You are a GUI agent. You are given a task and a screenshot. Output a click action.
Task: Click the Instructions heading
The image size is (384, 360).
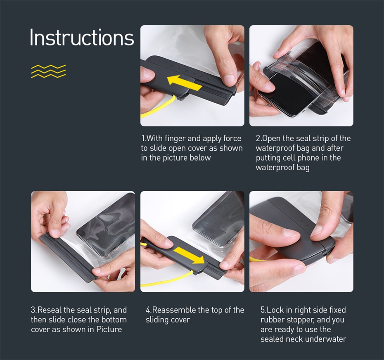pyautogui.click(x=82, y=37)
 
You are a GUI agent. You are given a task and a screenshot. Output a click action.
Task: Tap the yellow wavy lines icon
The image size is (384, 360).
pyautogui.click(x=48, y=71)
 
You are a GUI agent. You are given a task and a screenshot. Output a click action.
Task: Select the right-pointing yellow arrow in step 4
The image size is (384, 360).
pyautogui.click(x=189, y=255)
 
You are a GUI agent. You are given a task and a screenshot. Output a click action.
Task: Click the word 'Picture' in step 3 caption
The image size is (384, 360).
pyautogui.click(x=109, y=329)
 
